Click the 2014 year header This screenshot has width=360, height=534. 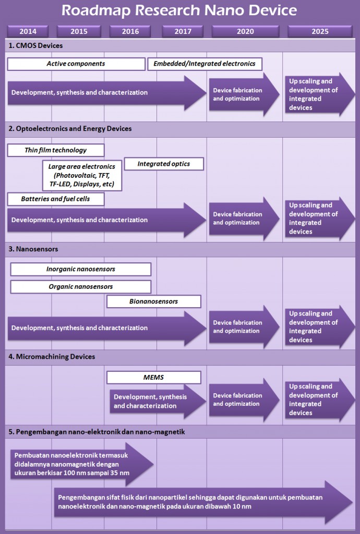click(x=28, y=31)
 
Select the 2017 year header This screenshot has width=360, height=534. click(x=183, y=31)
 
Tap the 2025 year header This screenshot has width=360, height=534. click(x=320, y=31)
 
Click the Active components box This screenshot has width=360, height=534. click(x=76, y=64)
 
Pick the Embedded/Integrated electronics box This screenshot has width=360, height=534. click(x=205, y=64)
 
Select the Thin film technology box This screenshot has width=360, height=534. click(x=56, y=150)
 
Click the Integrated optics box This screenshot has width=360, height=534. click(x=164, y=164)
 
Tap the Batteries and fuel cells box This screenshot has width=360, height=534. click(x=56, y=199)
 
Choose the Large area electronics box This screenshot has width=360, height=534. click(x=82, y=175)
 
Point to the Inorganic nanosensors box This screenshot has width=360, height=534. click(x=81, y=269)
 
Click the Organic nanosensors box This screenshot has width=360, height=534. click(x=81, y=287)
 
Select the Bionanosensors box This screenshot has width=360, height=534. click(x=153, y=301)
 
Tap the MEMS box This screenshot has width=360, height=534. click(x=153, y=378)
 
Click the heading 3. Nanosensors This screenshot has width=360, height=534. click(x=33, y=249)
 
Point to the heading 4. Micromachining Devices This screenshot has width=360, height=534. click(x=52, y=357)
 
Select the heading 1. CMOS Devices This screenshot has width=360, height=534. click(x=36, y=46)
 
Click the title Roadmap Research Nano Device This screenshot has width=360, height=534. click(x=179, y=10)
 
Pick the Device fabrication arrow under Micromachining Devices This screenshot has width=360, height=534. click(x=244, y=400)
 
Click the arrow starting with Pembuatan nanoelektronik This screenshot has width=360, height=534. click(x=82, y=464)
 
